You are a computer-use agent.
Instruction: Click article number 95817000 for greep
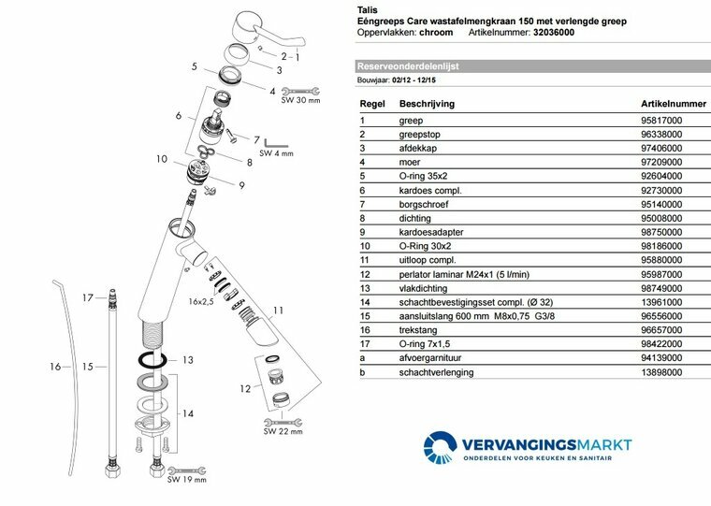[660, 121]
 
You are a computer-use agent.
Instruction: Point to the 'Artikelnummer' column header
[673, 103]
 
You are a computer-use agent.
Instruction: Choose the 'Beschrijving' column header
[427, 103]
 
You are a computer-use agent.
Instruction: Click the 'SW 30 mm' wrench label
[300, 100]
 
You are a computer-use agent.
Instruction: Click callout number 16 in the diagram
[55, 367]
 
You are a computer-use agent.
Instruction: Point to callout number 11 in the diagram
[278, 311]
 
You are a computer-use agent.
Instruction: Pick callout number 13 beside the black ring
[187, 361]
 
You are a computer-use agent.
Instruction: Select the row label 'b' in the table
[362, 372]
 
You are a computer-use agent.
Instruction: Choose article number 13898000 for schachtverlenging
[660, 372]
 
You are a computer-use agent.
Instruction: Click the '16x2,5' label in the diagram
[200, 302]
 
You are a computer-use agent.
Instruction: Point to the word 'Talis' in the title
[369, 7]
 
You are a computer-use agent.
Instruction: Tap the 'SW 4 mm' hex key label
[277, 152]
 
